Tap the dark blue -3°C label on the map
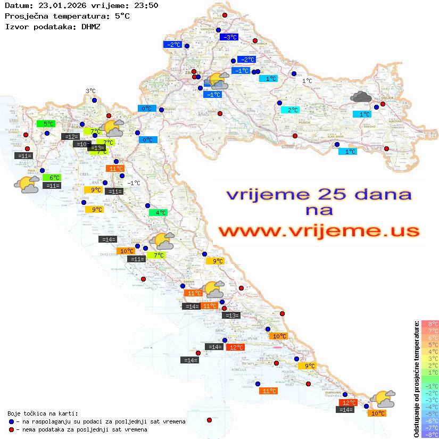pos(229,37)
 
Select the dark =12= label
pos(70,137)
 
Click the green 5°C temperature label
pos(48,124)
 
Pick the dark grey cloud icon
pos(361,97)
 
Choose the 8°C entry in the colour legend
pos(430,324)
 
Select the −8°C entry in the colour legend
pos(430,434)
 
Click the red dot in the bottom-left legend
pos(12,429)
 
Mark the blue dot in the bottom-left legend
pos(12,421)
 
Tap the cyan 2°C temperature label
pos(290,110)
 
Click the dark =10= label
pos(81,144)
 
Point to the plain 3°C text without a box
pos(90,91)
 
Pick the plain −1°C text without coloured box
pos(134,183)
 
